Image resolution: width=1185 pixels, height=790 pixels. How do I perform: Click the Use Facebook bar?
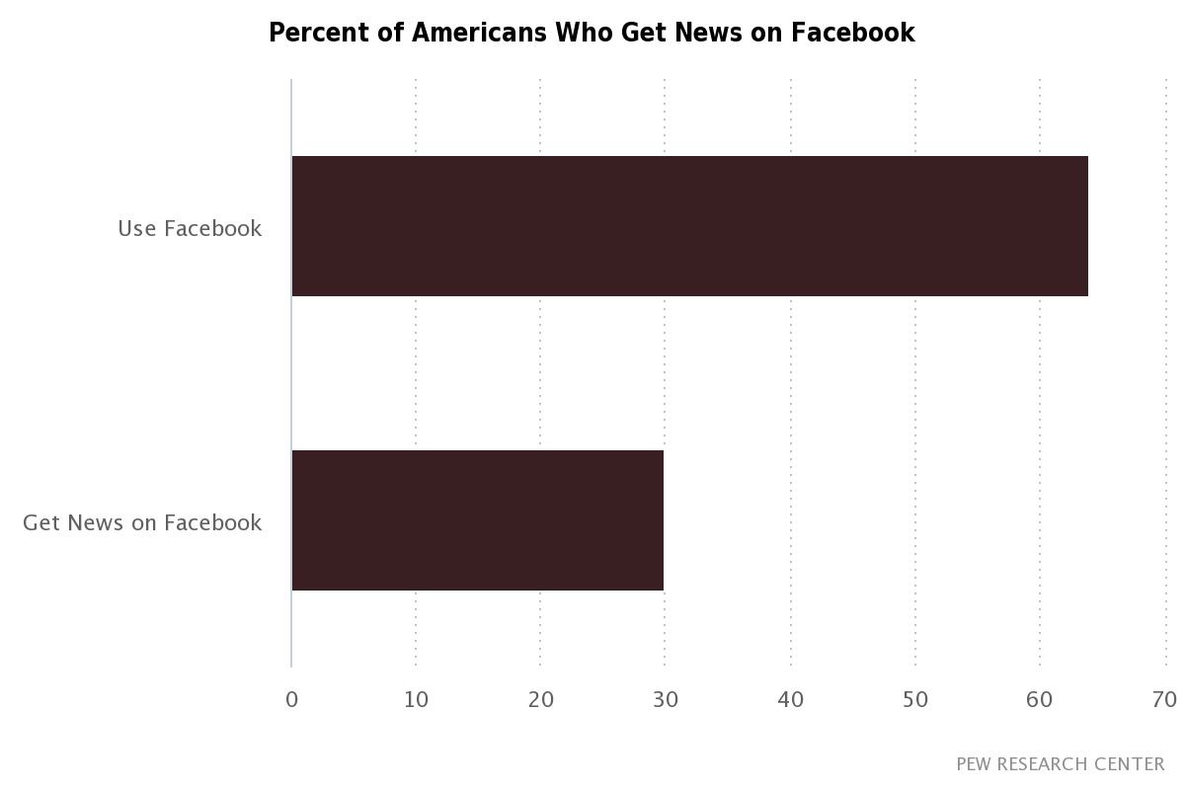coord(689,226)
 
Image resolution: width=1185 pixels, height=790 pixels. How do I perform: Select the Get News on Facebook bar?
coord(477,520)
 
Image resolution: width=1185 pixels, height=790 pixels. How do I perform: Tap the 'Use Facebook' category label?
coord(190,228)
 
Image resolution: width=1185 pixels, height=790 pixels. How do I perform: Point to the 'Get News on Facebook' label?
coord(142,522)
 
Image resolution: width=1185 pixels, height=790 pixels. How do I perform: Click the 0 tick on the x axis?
coord(291,700)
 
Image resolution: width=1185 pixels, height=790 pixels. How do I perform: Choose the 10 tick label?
coord(416,700)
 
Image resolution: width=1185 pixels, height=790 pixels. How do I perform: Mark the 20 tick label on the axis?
coord(540,700)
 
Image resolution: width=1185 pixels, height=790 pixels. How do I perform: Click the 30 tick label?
coord(665,700)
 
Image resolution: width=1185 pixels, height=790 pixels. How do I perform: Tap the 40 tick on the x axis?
coord(790,700)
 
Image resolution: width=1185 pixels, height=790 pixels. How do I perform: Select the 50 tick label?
coord(914,700)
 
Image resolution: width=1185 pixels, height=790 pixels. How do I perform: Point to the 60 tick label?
coord(1039,700)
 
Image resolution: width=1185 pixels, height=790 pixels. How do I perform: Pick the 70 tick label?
coord(1163,700)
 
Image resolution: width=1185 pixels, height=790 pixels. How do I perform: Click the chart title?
coord(592,33)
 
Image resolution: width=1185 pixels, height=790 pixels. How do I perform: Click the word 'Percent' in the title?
coord(313,33)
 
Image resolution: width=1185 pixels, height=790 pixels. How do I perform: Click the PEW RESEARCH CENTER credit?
coord(1060,764)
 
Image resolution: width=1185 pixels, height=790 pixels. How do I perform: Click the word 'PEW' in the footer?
coord(973,764)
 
